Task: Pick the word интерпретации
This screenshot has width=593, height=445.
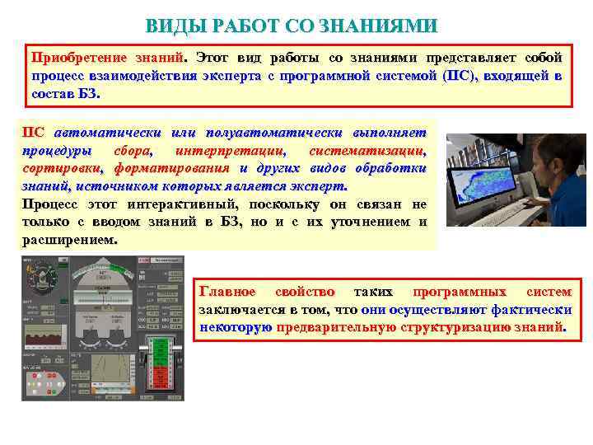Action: pos(231,151)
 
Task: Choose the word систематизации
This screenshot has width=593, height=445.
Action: pos(367,151)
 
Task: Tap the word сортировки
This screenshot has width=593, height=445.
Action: pos(61,168)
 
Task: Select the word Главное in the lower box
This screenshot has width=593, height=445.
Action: pos(227,292)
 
